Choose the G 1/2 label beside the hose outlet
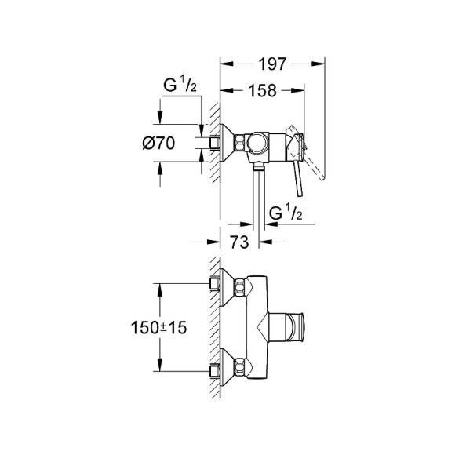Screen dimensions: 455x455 pyautogui.click(x=286, y=212)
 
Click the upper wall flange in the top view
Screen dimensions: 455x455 pyautogui.click(x=231, y=287)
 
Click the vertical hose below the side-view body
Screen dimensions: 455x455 pyautogui.click(x=257, y=196)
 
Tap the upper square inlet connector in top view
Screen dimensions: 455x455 pyautogui.click(x=213, y=284)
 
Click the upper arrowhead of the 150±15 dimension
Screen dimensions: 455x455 pyautogui.click(x=161, y=289)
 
